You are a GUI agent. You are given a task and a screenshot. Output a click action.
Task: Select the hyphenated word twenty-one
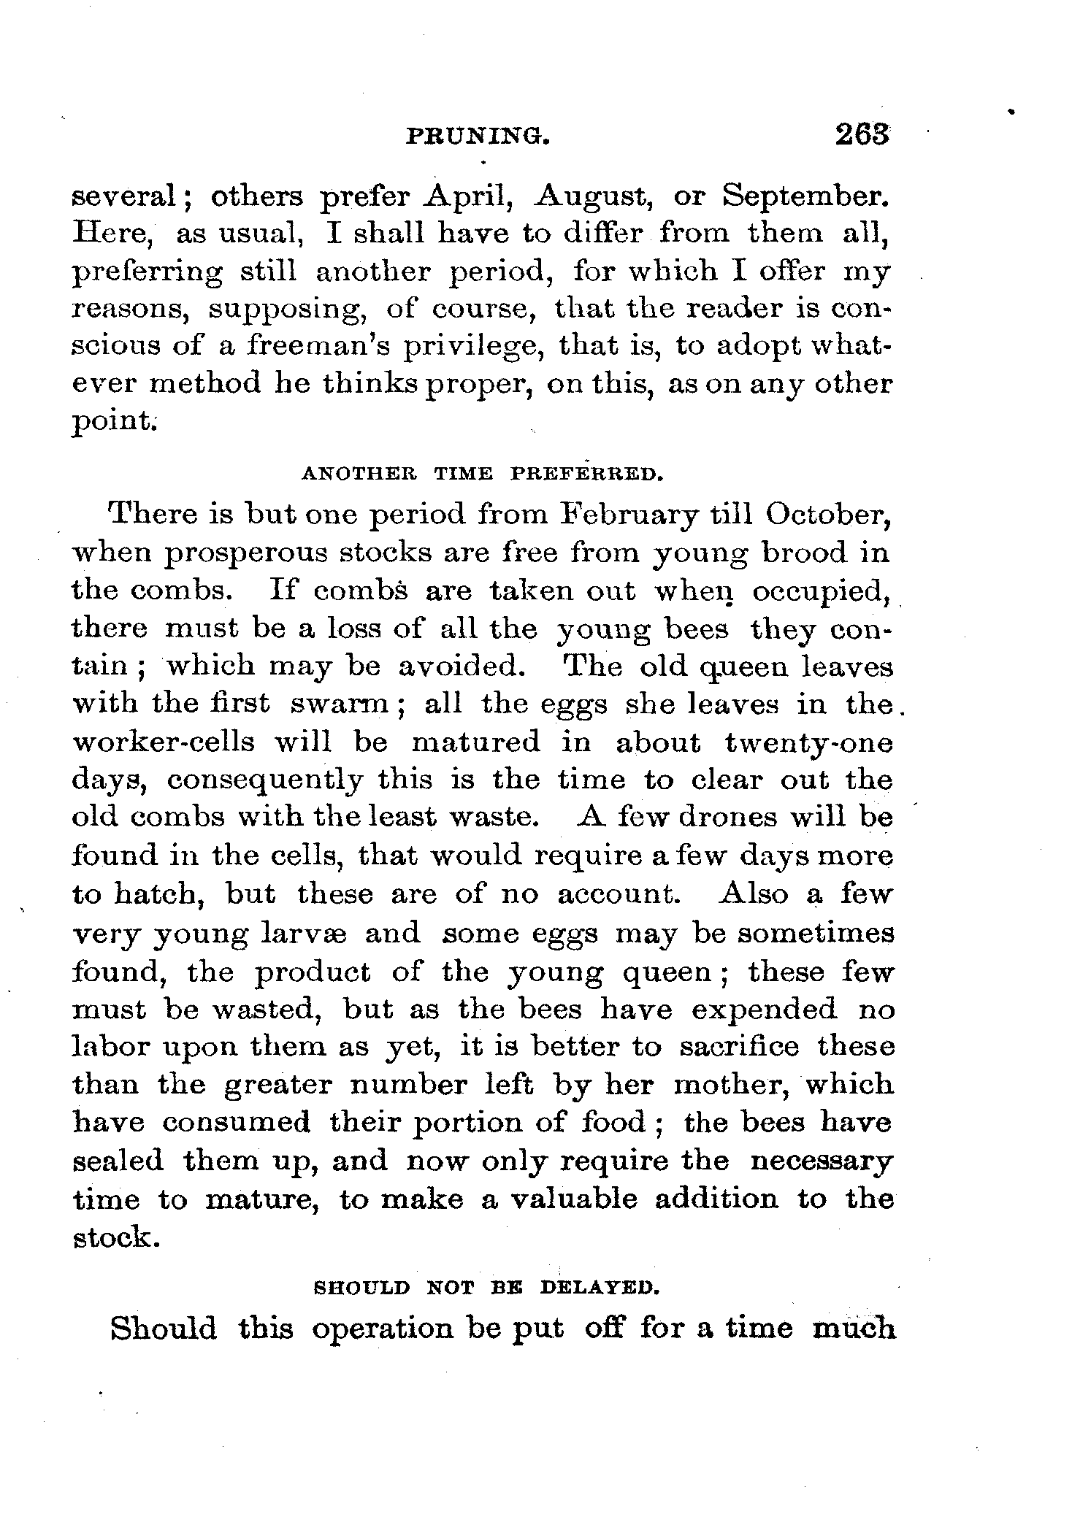click(808, 742)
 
